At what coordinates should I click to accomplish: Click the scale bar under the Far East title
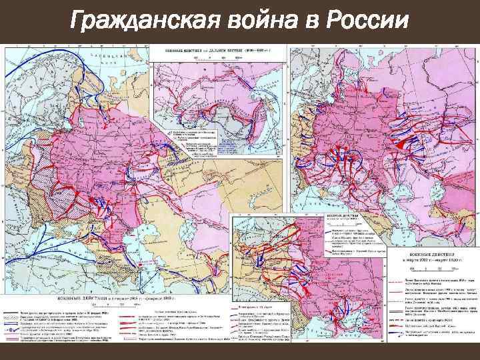[x=221, y=57]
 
